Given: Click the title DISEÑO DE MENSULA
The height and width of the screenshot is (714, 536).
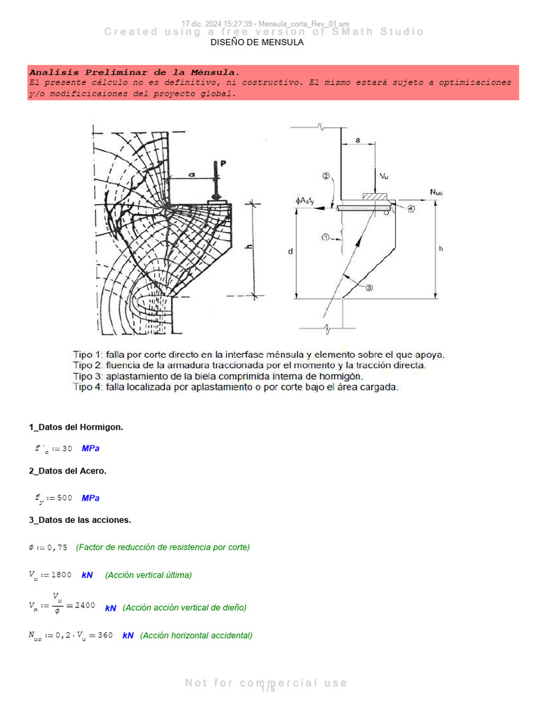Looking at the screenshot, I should pos(257,43).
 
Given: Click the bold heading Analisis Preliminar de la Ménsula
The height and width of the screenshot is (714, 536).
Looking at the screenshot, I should pos(134,73).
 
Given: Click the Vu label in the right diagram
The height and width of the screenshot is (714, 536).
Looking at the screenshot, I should pos(383,176).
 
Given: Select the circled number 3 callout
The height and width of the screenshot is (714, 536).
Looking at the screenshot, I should pos(369,287).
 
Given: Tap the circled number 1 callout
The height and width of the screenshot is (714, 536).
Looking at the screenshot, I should pos(325,238).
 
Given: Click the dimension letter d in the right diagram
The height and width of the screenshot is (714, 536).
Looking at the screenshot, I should pos(290,252).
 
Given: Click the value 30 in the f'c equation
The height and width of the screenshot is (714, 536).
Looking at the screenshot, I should pos(66,448).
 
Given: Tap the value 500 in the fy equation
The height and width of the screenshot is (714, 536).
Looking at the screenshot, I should pos(64,498).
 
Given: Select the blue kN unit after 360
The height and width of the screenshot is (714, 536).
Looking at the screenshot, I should pos(128,635).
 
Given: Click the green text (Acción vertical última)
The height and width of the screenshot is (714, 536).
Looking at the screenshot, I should pos(148,575).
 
